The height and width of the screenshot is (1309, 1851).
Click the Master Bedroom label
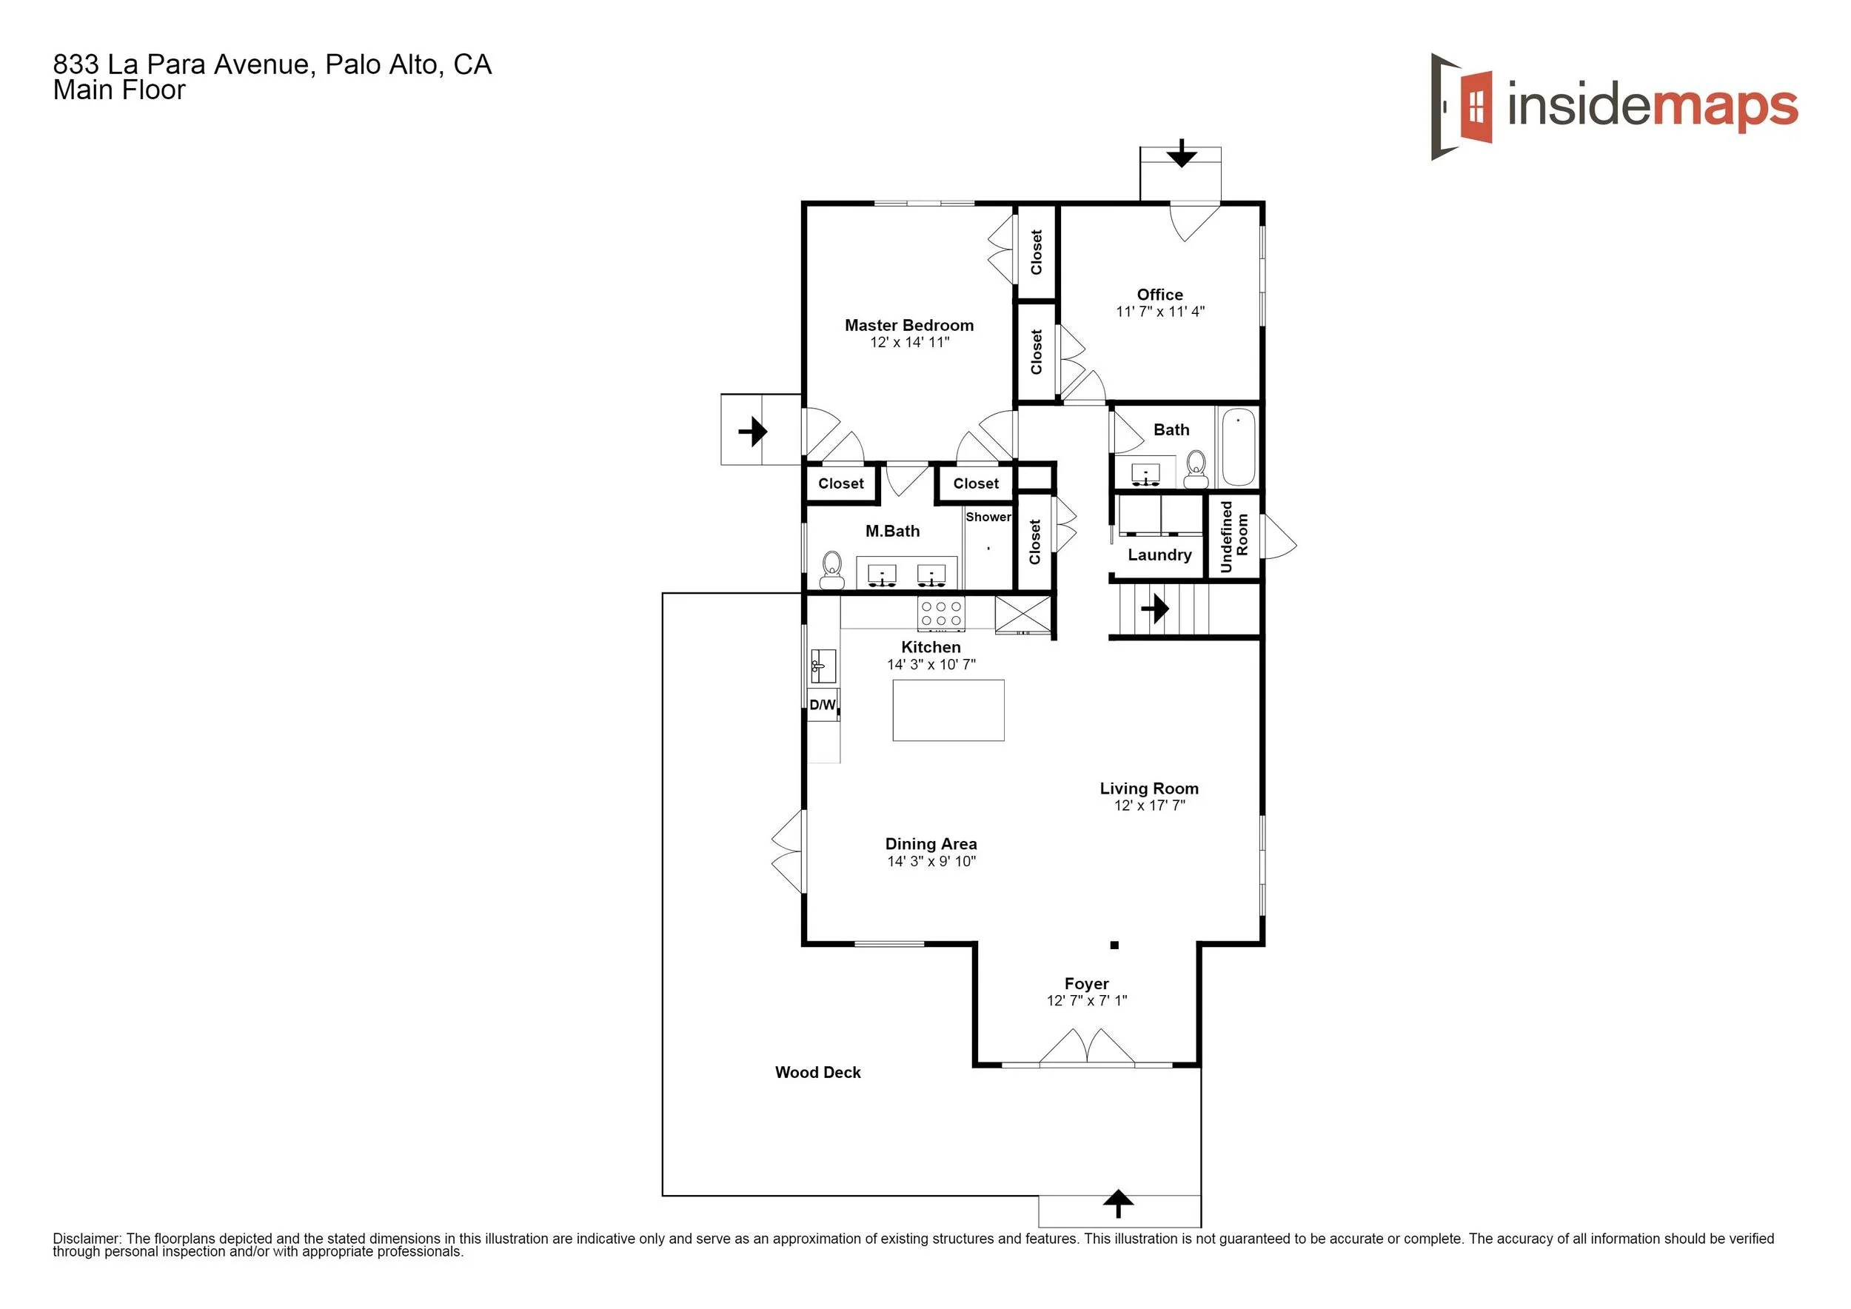[x=908, y=325]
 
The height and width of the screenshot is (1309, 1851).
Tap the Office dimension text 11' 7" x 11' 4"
[x=1160, y=311]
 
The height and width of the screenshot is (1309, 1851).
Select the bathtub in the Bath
[x=1238, y=447]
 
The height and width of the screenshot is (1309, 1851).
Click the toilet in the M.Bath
[x=831, y=570]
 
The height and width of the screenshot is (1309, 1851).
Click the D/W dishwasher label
[x=823, y=704]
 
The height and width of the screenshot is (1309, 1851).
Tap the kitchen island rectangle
[x=948, y=710]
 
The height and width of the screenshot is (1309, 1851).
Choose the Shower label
[x=988, y=517]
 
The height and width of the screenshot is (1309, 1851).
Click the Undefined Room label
[x=1234, y=536]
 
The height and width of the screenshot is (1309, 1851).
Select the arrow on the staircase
[x=1155, y=609]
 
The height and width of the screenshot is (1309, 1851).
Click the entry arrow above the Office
[x=1181, y=153]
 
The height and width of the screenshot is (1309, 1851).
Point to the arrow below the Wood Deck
[x=1117, y=1203]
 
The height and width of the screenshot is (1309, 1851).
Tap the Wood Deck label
[x=817, y=1072]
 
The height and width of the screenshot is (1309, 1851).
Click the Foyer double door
[x=1088, y=1047]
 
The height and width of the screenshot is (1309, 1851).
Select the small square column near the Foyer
[x=1114, y=945]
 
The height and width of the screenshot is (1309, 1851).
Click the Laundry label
[x=1159, y=555]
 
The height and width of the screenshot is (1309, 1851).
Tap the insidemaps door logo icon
[x=1461, y=107]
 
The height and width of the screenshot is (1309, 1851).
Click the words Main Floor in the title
[x=119, y=90]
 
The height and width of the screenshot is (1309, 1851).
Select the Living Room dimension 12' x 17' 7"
[x=1150, y=806]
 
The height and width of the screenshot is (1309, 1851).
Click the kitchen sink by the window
[x=823, y=666]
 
